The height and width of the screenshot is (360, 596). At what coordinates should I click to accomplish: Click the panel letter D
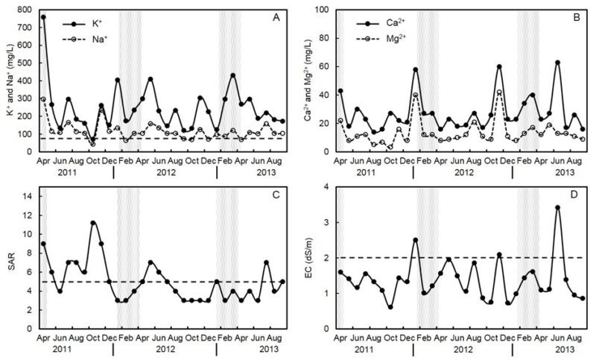click(x=574, y=196)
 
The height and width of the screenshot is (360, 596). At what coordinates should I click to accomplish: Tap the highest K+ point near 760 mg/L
click(x=43, y=16)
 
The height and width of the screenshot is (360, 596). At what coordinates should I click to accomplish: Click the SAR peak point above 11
click(x=93, y=223)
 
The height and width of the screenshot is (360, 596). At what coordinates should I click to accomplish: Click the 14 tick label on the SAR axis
click(x=28, y=196)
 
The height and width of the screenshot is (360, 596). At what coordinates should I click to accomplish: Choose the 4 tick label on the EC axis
click(x=326, y=187)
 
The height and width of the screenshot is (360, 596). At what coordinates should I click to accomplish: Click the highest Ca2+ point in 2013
click(x=557, y=63)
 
